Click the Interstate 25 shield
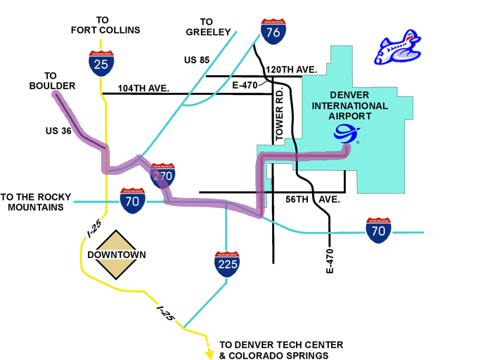coord(101,63)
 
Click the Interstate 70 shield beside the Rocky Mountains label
coord(132,201)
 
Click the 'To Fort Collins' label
coord(105,25)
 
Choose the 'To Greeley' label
coord(208,27)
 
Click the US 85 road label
coord(198,60)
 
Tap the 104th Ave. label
coord(144,89)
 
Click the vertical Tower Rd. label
coord(279,116)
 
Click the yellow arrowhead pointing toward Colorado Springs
coord(209,354)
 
